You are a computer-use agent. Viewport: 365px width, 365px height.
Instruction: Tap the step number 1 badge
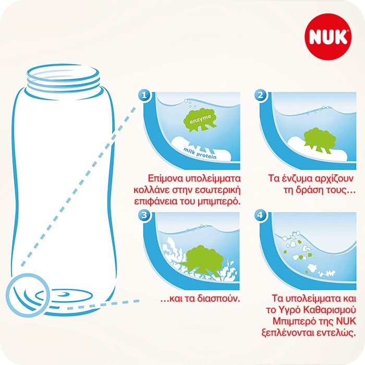tap(145, 95)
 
